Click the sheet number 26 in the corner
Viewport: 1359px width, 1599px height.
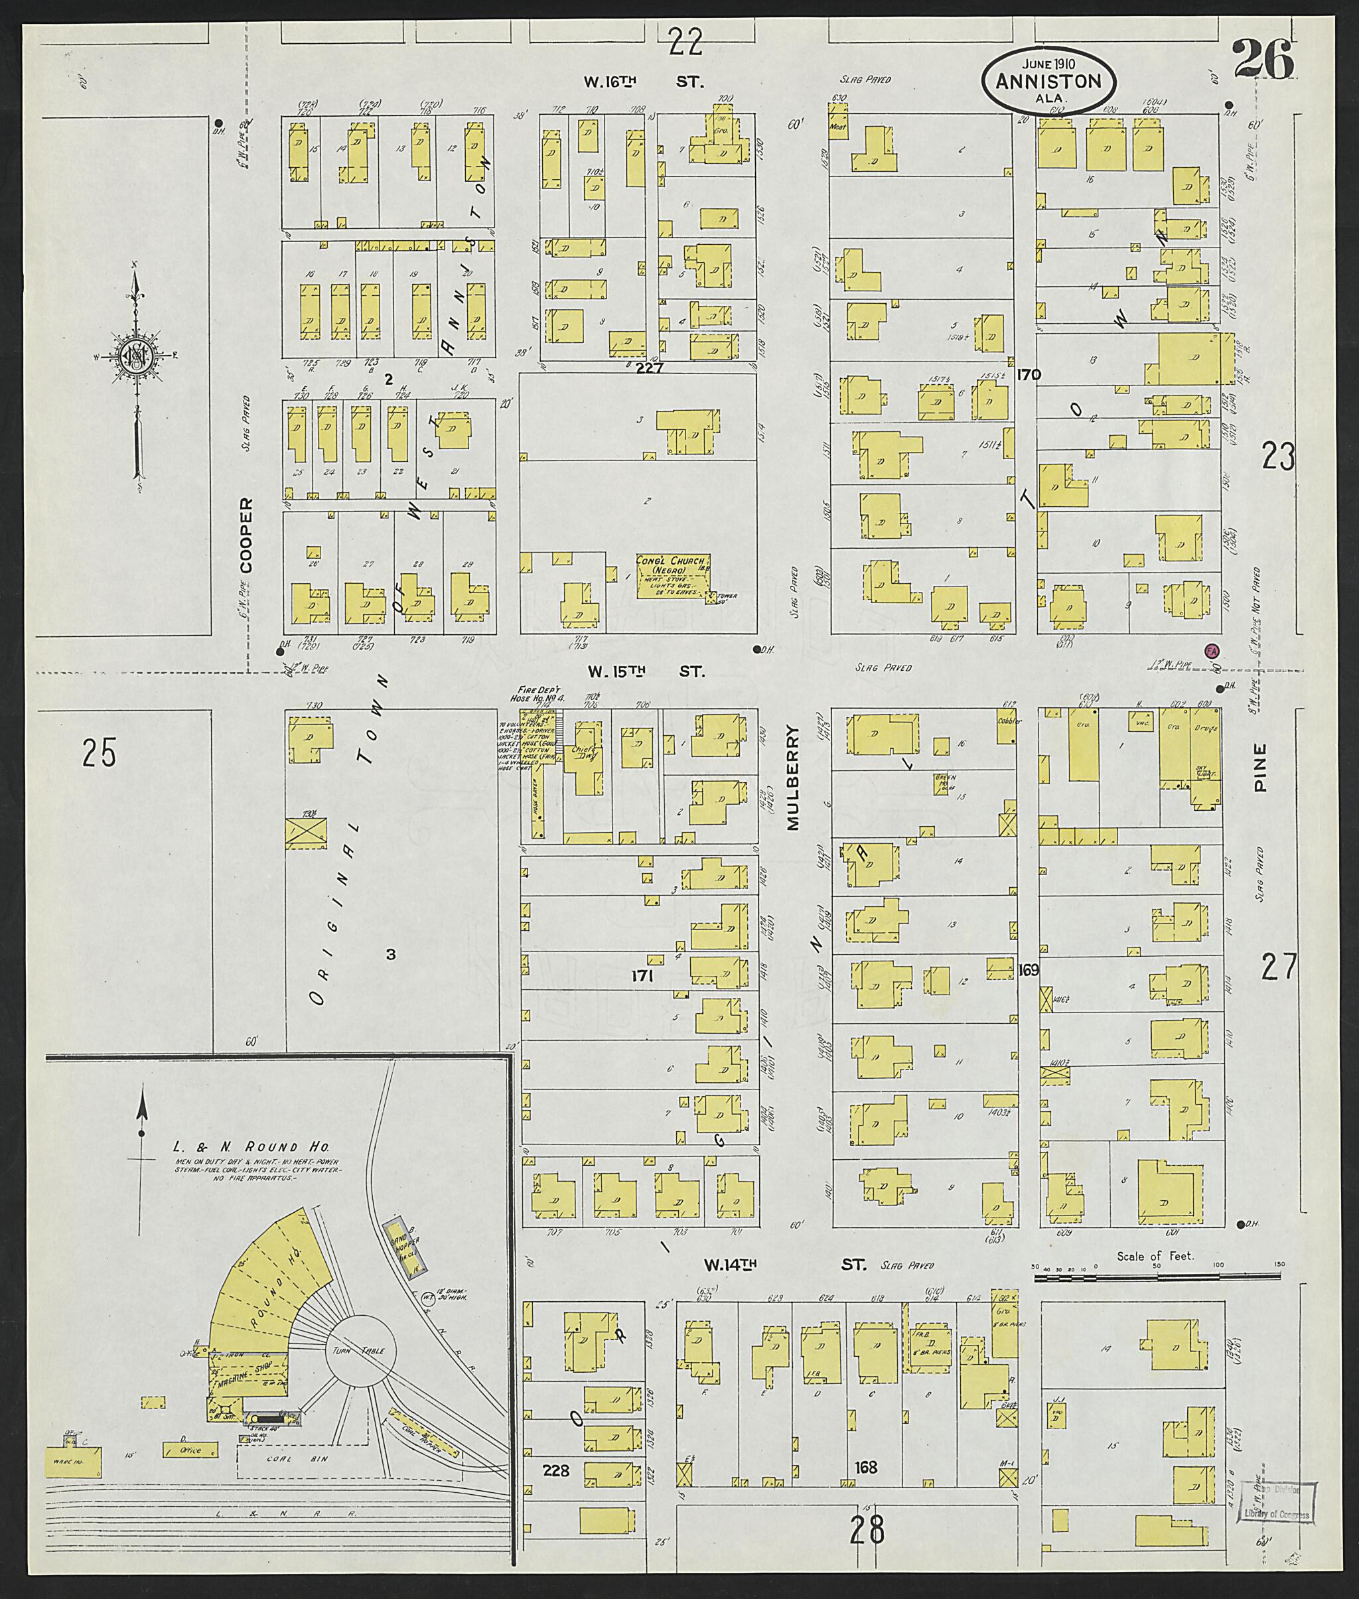coord(1263,61)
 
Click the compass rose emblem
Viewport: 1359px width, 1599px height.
coord(135,356)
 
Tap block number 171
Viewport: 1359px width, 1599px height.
coord(642,977)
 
